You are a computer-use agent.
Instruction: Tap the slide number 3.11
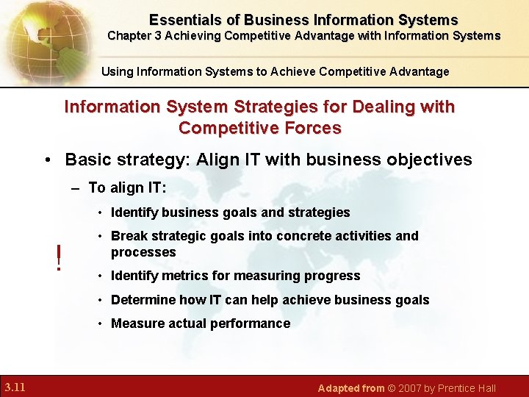coord(15,387)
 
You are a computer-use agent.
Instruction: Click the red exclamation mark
coord(59,257)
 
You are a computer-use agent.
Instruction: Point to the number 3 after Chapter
coord(158,36)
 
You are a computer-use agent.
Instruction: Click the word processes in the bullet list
coord(143,252)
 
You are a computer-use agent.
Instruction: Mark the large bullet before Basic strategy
coord(48,160)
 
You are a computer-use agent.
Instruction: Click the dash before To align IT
coord(75,189)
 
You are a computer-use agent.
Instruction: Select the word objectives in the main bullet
coord(429,160)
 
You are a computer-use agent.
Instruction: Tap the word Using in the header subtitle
coord(118,72)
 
